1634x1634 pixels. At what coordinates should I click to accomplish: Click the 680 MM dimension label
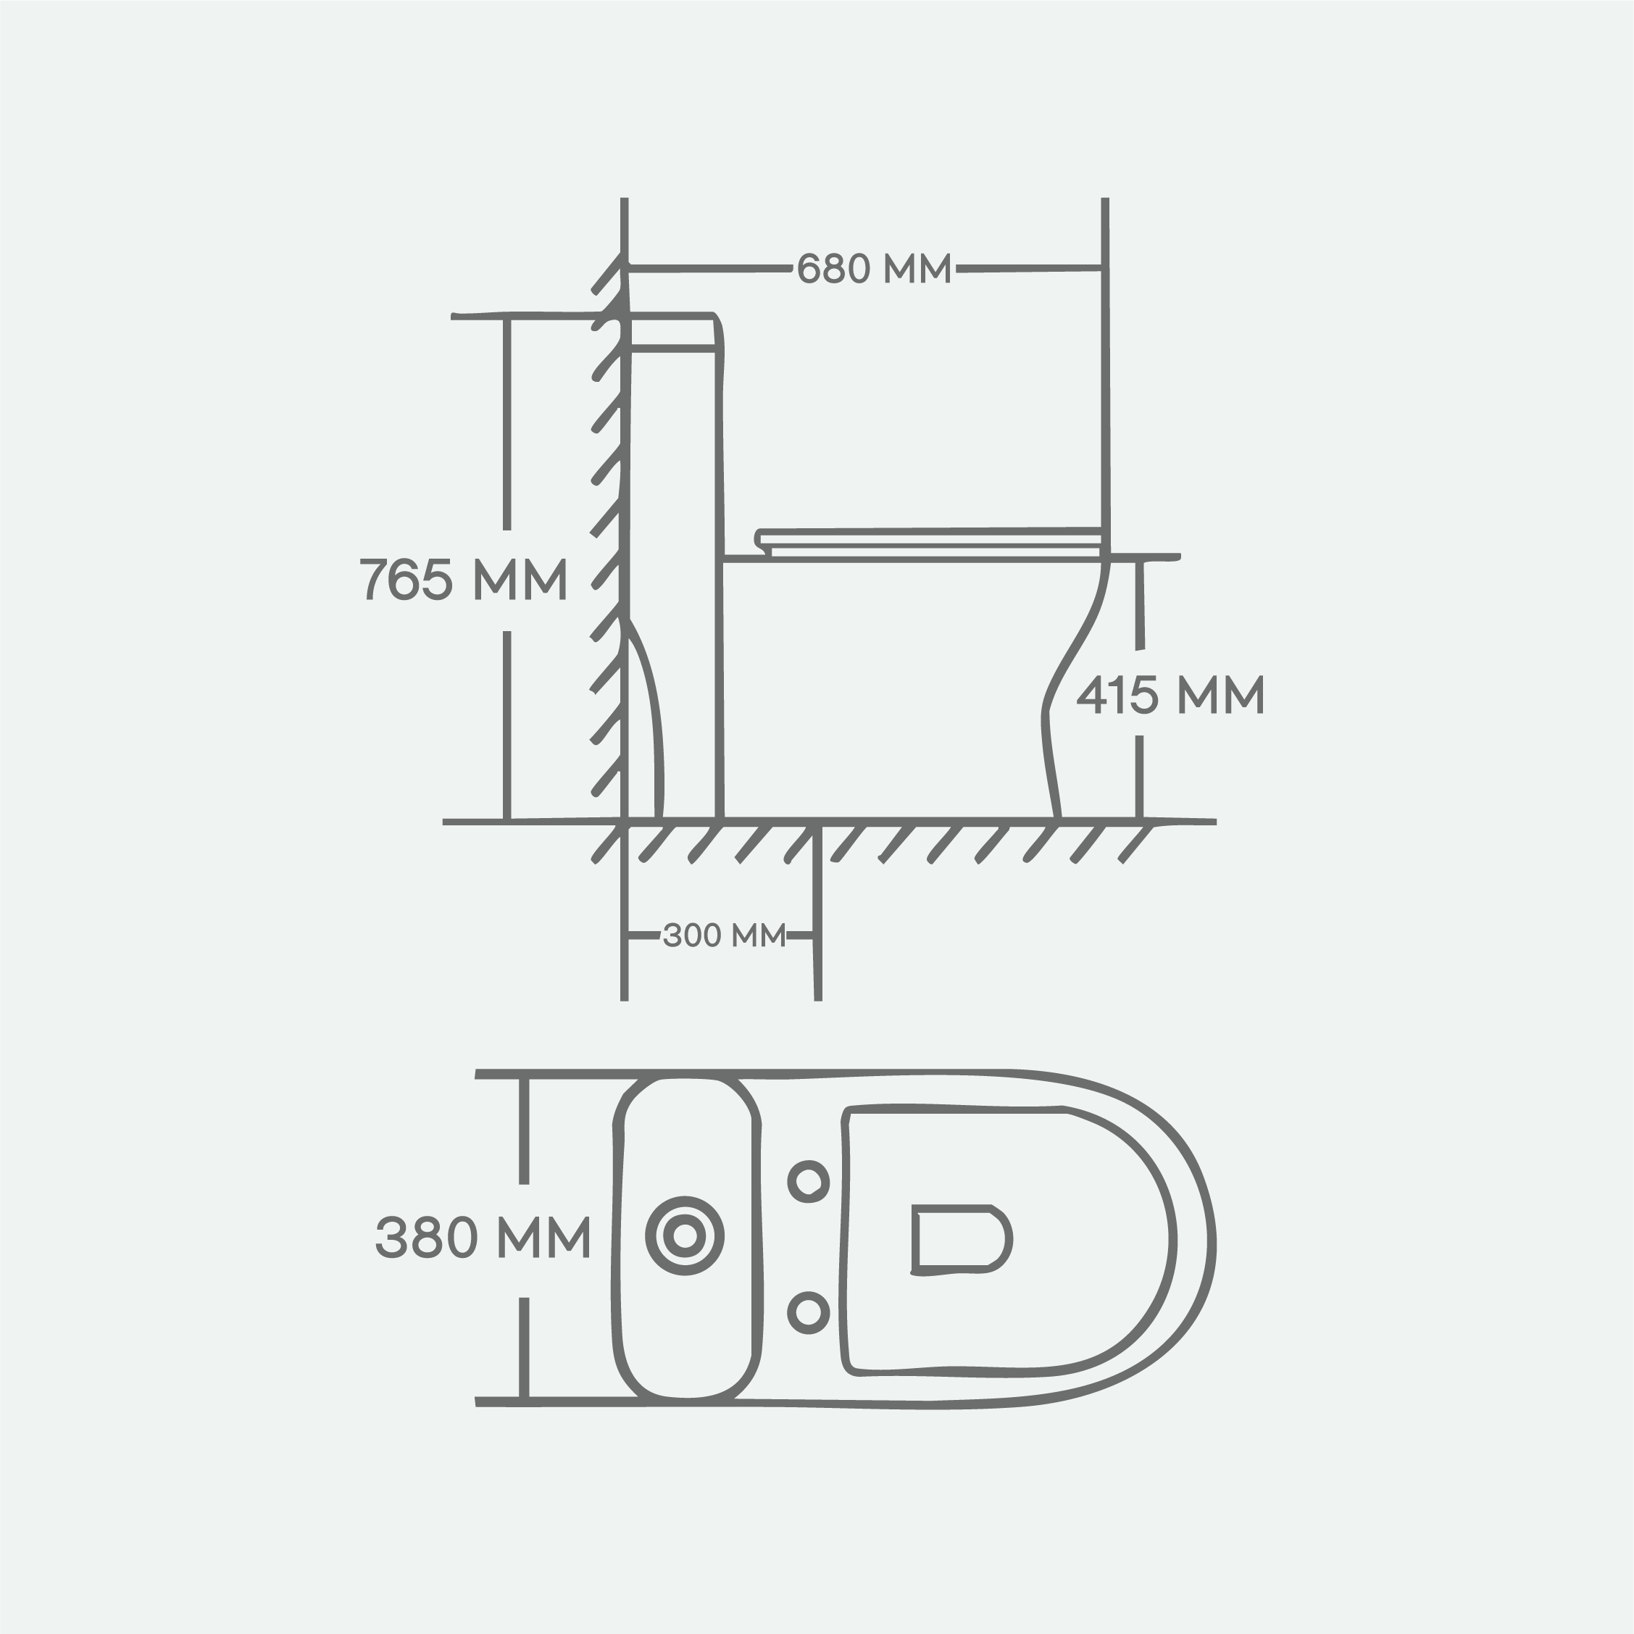click(x=875, y=269)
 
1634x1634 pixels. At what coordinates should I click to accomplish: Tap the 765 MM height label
click(x=462, y=580)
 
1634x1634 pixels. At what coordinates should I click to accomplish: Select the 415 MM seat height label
click(x=1170, y=694)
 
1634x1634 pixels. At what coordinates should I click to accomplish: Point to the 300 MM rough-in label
click(x=724, y=935)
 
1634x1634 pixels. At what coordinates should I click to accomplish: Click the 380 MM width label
click(x=482, y=1238)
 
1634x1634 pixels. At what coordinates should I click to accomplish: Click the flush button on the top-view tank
click(x=685, y=1236)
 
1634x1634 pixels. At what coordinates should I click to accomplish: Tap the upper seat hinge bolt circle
click(x=809, y=1180)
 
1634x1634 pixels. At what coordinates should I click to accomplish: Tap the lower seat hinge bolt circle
click(x=809, y=1312)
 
